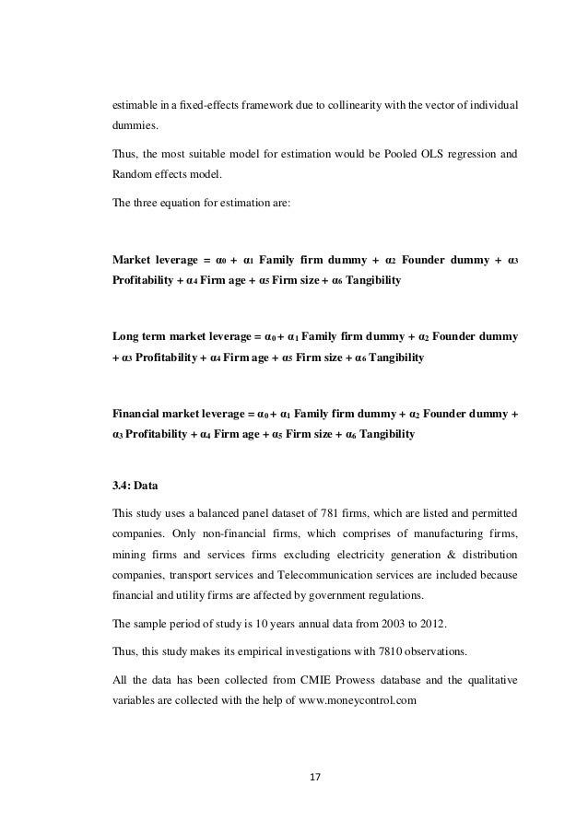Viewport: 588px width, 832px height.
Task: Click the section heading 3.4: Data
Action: point(134,478)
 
